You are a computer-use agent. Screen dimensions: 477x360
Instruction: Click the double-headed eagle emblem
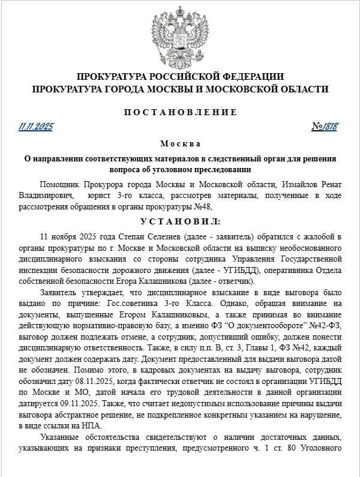point(180,37)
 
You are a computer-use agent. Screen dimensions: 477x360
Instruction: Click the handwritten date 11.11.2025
point(36,127)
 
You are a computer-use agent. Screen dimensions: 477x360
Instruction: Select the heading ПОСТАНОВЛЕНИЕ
point(180,112)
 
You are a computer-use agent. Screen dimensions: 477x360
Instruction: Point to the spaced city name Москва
point(180,144)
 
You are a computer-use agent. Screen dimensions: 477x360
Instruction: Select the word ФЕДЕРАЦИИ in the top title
point(244,77)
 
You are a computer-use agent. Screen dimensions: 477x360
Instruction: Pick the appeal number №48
point(205,206)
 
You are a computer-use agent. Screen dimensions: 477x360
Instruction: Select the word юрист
point(98,195)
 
